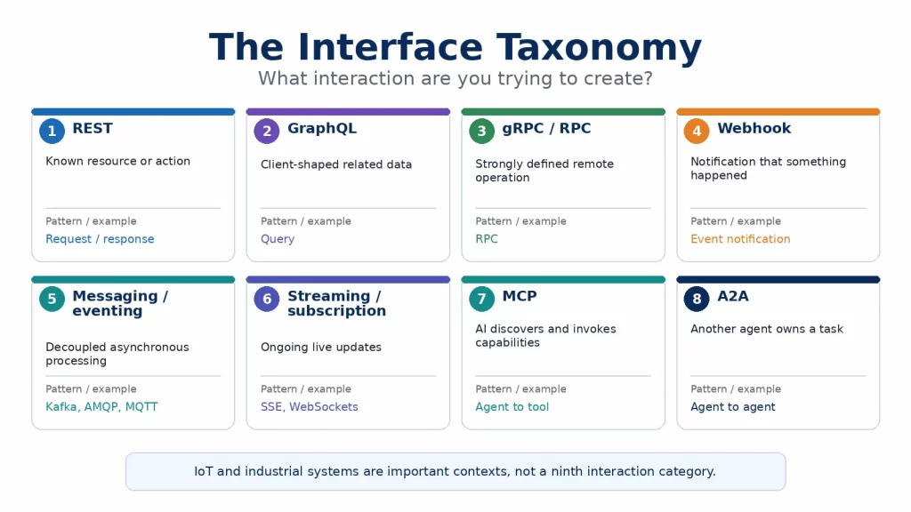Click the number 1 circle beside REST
(52, 132)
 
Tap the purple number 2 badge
(267, 132)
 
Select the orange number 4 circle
(697, 132)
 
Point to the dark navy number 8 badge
(697, 299)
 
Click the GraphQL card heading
(322, 128)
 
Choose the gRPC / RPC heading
(546, 128)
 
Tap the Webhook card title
(754, 128)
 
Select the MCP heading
(520, 296)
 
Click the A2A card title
(733, 296)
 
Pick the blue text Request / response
(100, 238)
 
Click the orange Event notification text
(740, 238)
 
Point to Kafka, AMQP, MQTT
(101, 407)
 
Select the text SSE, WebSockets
(309, 407)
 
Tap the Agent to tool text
(512, 407)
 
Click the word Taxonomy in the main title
(599, 48)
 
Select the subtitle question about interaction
(455, 78)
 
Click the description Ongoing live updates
(320, 348)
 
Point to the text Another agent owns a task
(766, 329)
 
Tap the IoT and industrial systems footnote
(455, 471)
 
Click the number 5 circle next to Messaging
(52, 299)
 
